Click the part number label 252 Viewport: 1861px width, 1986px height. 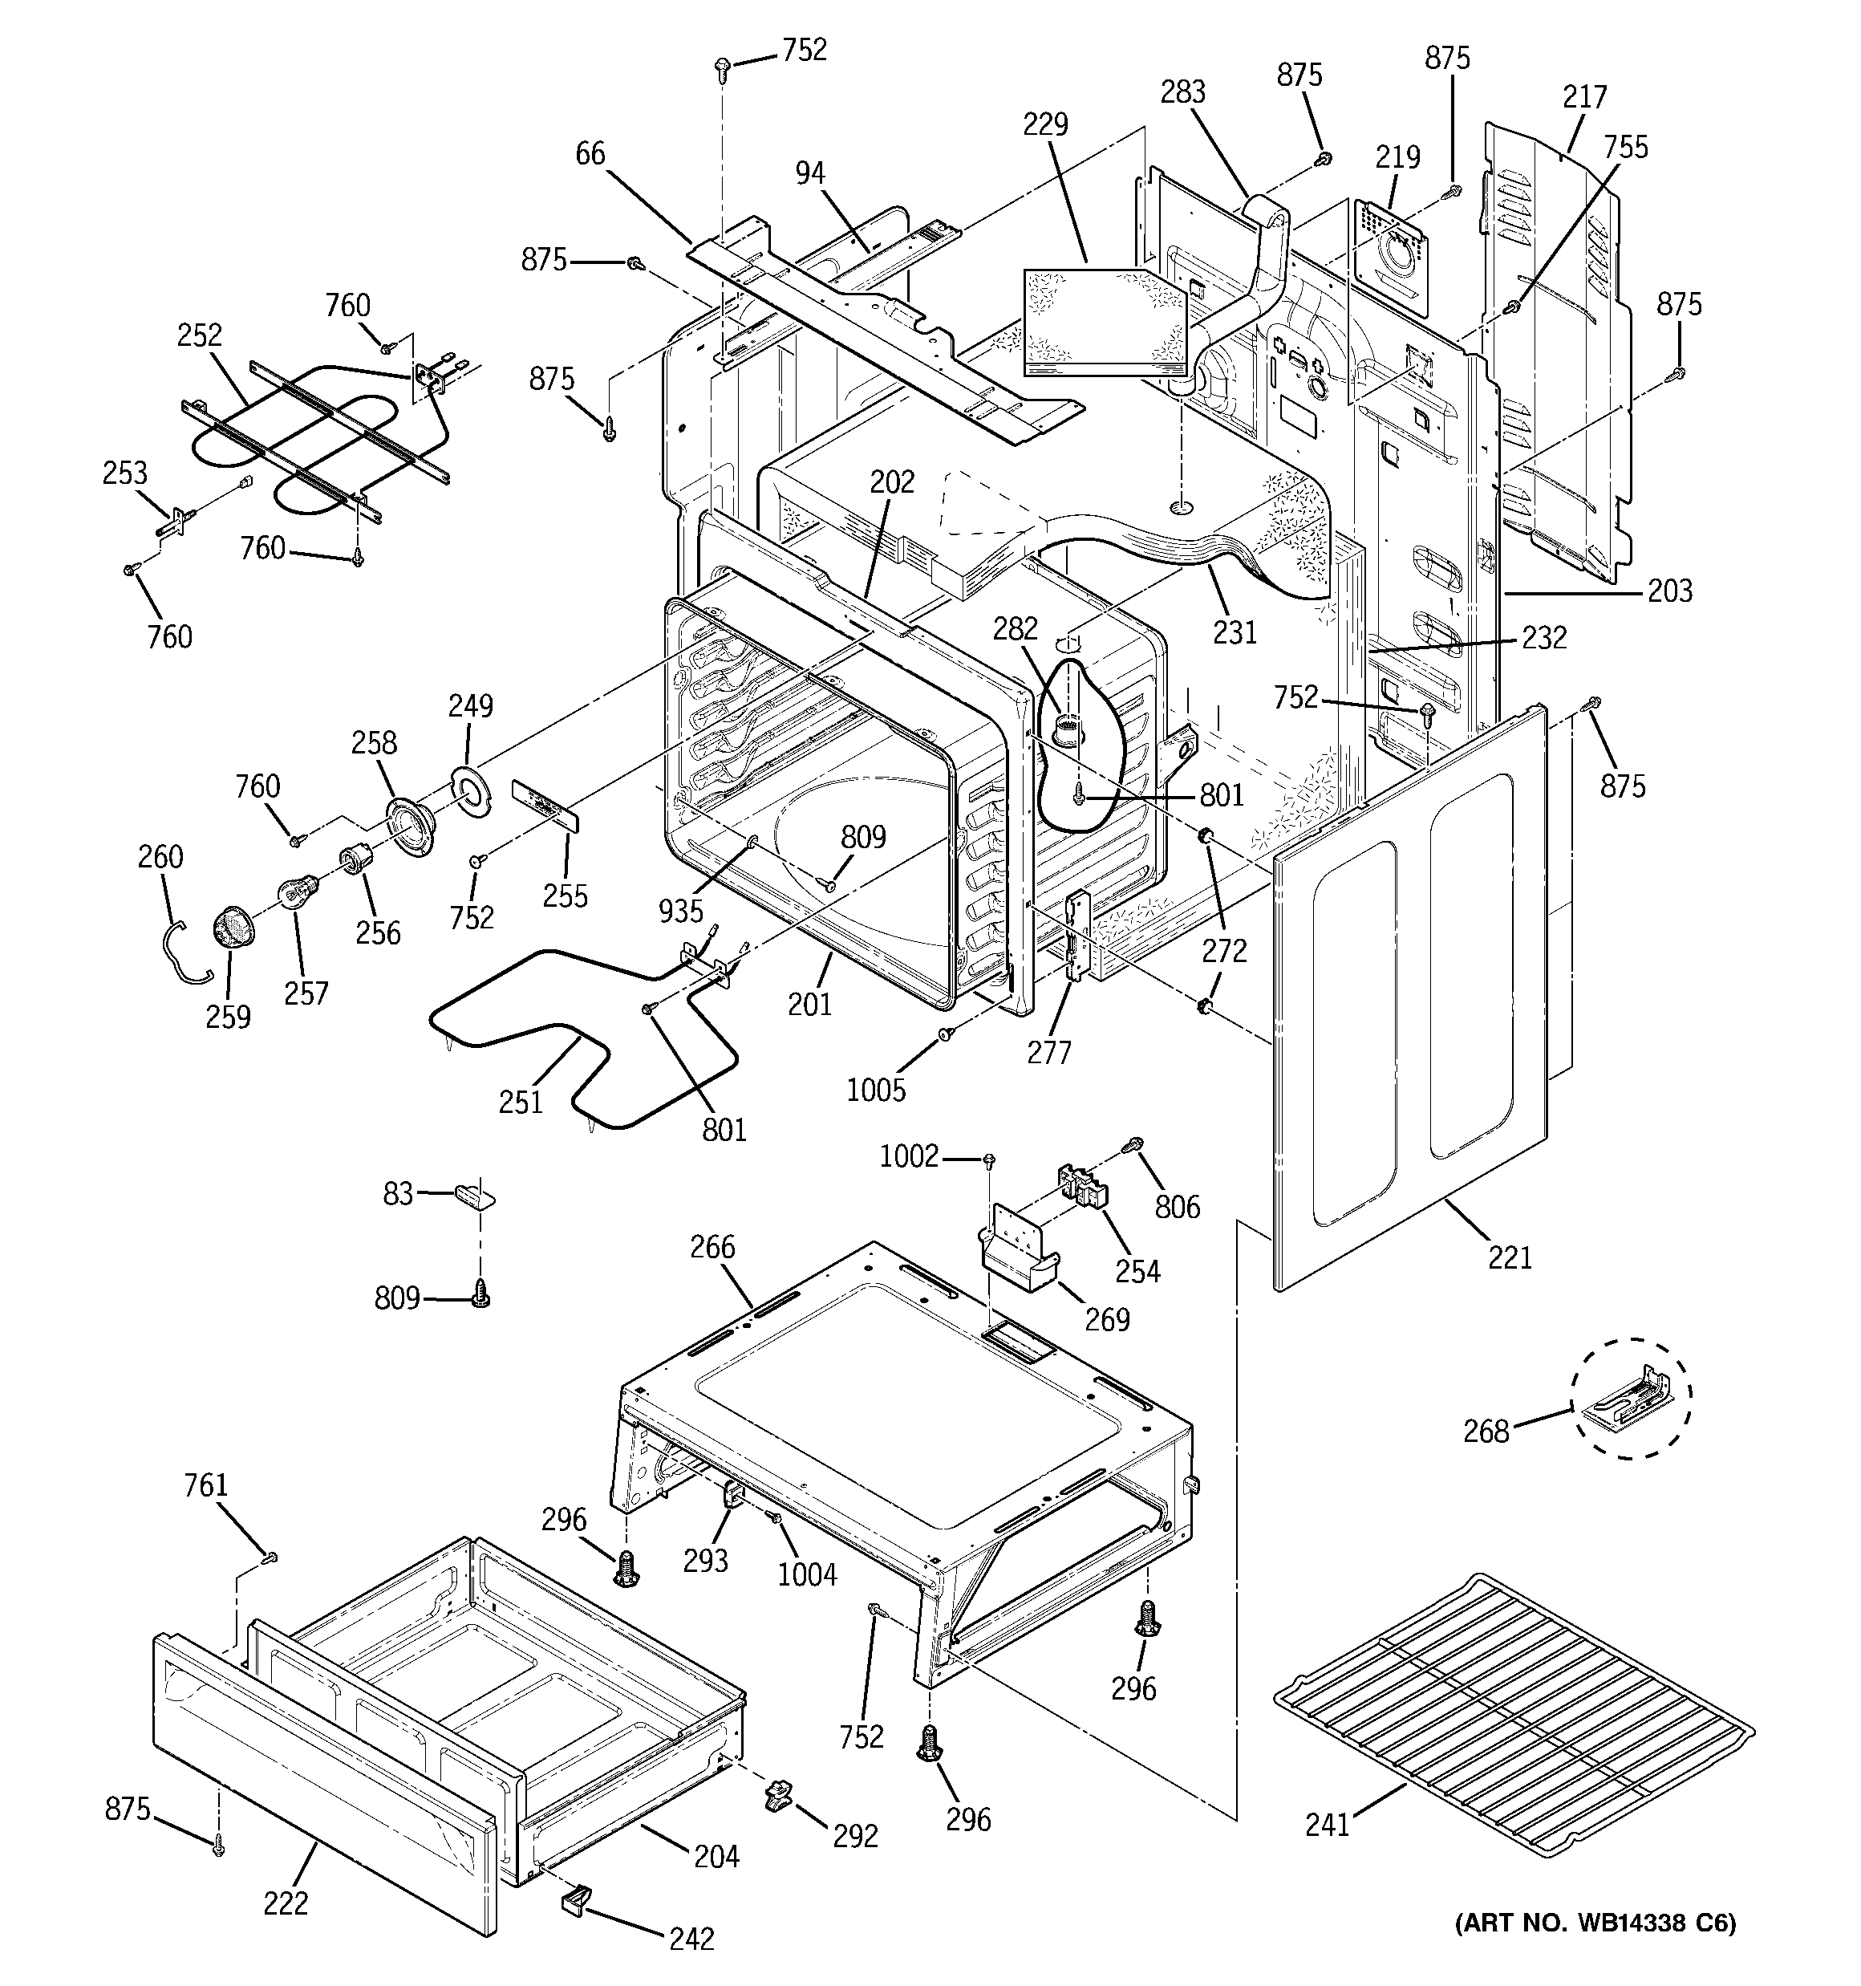pos(199,335)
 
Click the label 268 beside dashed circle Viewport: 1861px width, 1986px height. pos(1486,1432)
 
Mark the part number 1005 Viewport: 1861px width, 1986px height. pos(876,1089)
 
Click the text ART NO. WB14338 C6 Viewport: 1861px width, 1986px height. pos(1595,1924)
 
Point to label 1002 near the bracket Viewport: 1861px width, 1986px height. pos(908,1157)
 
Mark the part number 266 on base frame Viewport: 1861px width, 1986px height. pos(712,1247)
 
